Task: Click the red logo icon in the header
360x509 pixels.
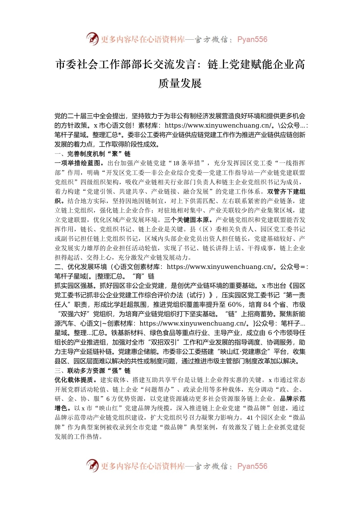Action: pos(92,39)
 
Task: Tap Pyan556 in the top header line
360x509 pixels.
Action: pos(252,39)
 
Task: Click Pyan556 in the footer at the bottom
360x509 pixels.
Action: pos(252,466)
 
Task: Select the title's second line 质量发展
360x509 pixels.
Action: pos(180,83)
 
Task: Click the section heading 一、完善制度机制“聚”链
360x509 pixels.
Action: pos(92,154)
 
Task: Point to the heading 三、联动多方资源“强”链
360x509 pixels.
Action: pos(92,370)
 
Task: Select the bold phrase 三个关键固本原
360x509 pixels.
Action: pos(186,220)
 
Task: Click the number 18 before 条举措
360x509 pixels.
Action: pos(177,163)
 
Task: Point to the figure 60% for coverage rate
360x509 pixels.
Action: pos(235,304)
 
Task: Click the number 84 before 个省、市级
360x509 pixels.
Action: pos(267,304)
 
